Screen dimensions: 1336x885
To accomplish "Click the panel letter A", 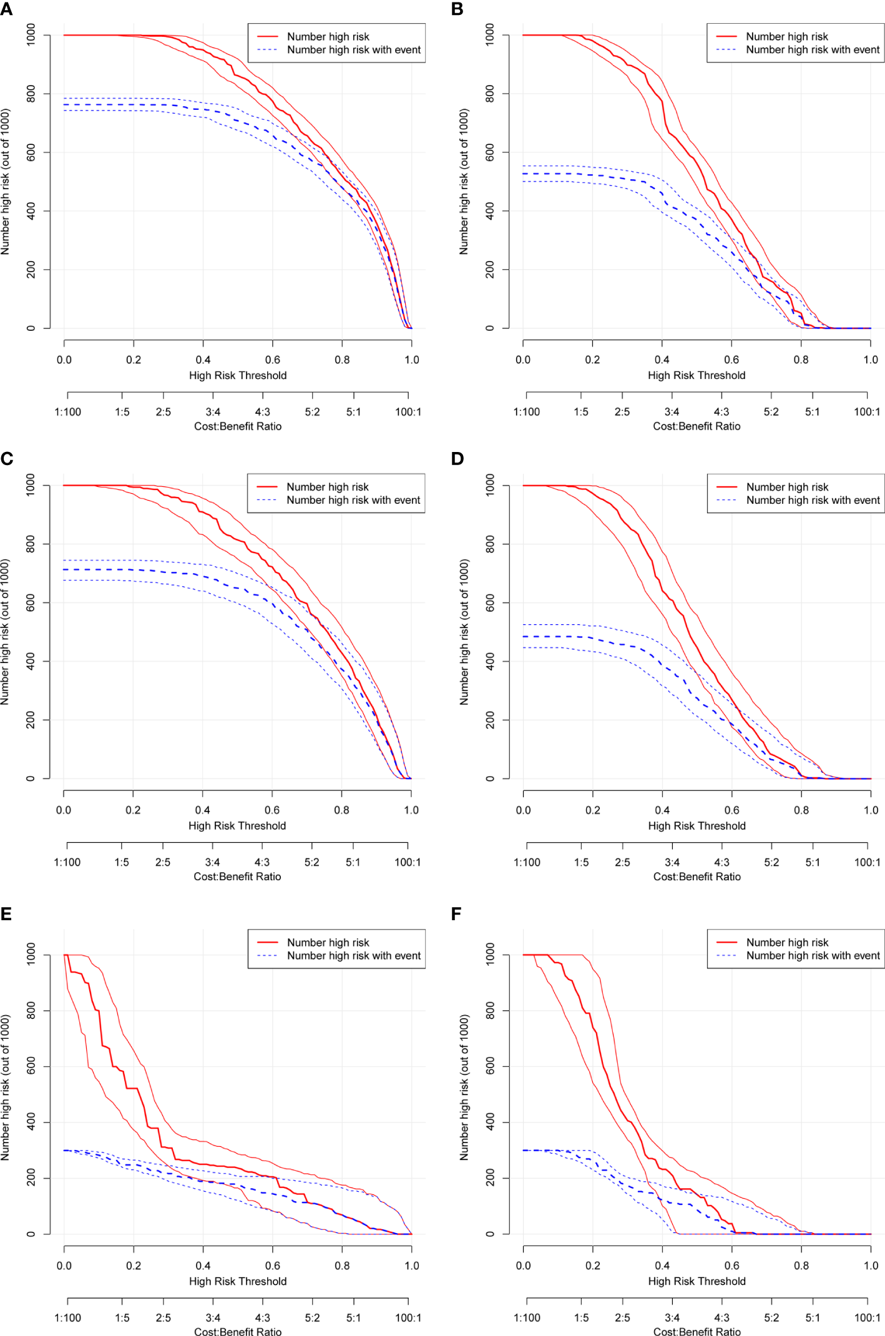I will (6, 9).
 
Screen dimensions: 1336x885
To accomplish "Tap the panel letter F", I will (456, 914).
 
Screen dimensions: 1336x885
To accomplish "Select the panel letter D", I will (457, 459).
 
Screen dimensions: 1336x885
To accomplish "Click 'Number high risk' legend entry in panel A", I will (328, 37).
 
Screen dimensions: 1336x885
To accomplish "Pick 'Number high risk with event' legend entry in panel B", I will (813, 50).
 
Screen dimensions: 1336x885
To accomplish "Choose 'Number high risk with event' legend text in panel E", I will (354, 956).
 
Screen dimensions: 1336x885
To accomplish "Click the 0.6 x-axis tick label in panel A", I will (273, 360).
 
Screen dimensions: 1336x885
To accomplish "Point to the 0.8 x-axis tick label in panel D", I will (801, 810).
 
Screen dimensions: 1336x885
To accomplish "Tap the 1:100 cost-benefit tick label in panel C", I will (67, 863).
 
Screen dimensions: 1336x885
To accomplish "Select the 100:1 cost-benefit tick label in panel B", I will (867, 412).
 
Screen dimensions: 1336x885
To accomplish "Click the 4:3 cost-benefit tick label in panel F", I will (721, 1318).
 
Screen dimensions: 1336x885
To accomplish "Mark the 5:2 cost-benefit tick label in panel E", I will (312, 1318).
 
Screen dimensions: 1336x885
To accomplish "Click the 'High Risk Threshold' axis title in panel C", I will (237, 826).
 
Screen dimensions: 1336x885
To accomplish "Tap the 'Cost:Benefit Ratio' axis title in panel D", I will (697, 877).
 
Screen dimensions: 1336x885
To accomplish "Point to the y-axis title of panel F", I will (464, 1088).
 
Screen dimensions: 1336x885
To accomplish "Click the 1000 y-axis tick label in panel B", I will (490, 34).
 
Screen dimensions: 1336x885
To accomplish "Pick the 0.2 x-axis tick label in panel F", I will (593, 1266).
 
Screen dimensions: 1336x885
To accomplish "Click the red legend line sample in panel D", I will (726, 487).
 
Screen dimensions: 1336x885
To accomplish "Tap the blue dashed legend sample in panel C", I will (267, 500).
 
